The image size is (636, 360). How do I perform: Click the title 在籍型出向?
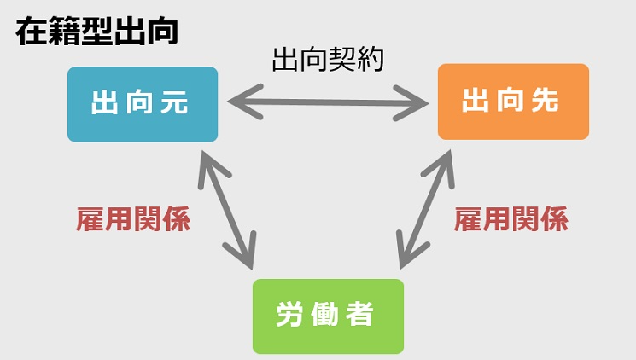tap(96, 32)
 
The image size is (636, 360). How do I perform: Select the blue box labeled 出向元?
tap(143, 103)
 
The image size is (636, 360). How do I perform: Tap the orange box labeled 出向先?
tap(513, 102)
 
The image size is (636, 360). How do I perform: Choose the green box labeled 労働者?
tap(327, 316)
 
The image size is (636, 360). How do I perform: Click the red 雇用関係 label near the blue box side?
tap(133, 220)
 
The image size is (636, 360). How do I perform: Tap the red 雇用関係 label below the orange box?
tap(511, 220)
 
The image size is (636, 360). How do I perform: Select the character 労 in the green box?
tap(289, 316)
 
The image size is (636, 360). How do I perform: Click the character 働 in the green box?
tap(325, 316)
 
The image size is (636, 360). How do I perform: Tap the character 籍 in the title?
tap(63, 32)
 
